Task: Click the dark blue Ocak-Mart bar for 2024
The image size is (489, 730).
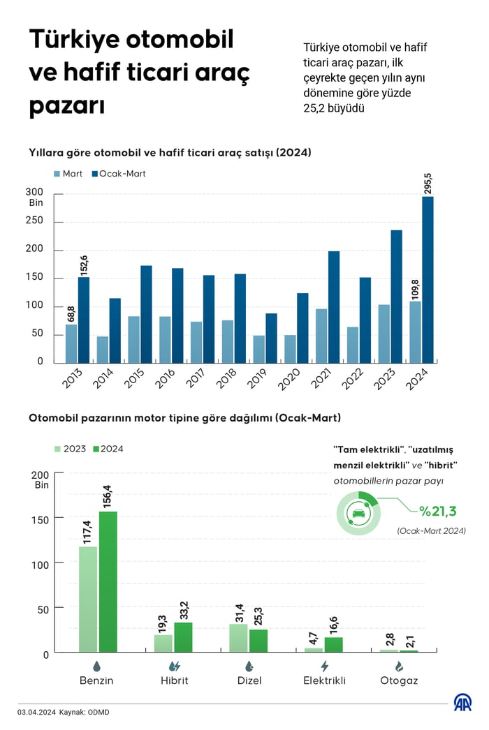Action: point(428,279)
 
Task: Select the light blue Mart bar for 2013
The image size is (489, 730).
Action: point(71,343)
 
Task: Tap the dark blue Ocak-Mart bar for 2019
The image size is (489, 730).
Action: point(270,338)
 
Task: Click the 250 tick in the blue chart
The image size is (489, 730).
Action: point(35,221)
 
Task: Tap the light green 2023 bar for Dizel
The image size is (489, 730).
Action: point(238,638)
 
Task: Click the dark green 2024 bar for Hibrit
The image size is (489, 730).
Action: point(183,637)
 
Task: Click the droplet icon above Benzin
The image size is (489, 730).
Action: point(96,666)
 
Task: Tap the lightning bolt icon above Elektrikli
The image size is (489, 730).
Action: point(324,666)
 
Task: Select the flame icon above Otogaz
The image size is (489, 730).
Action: point(399,666)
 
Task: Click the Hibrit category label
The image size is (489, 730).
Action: point(173,680)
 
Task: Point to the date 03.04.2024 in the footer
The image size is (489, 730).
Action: point(36,713)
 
